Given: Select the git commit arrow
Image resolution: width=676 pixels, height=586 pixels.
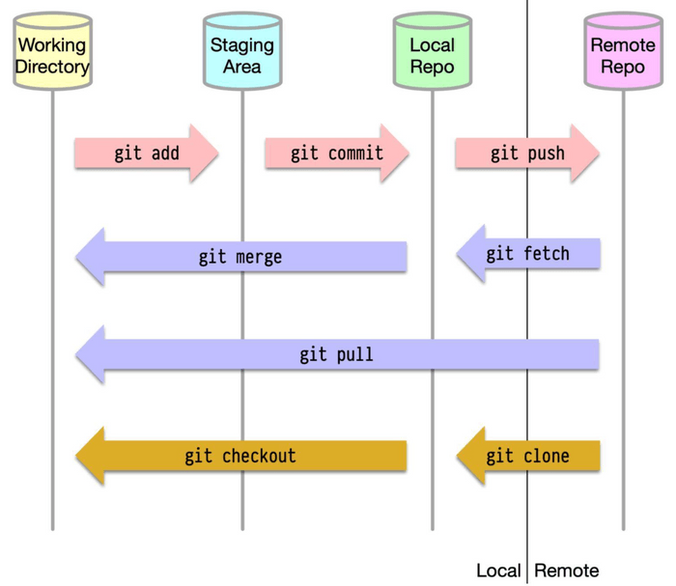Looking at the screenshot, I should (x=337, y=153).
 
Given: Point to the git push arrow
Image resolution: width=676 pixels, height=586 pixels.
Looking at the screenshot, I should (x=527, y=153).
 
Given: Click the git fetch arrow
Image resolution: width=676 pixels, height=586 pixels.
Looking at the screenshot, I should (x=528, y=254).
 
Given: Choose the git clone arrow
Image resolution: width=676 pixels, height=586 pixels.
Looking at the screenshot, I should (x=528, y=456).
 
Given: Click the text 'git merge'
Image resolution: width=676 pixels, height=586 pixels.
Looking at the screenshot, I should (x=240, y=257).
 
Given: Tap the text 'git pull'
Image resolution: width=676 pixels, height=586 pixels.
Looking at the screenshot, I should (x=336, y=354).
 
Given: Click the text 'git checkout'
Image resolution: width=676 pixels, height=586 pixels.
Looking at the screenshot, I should (x=240, y=456).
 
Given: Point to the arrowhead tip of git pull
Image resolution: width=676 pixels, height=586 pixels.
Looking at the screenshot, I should (x=78, y=354).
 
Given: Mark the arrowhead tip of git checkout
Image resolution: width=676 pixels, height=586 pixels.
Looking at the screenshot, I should (x=78, y=456).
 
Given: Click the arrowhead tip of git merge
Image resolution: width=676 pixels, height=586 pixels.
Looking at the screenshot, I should (x=78, y=257).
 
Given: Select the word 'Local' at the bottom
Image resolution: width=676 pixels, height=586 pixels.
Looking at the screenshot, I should (x=498, y=571).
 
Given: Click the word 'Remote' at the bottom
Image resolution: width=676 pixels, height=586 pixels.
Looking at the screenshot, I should (x=567, y=571).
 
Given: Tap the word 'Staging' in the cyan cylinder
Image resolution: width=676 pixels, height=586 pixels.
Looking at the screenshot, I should (x=242, y=45).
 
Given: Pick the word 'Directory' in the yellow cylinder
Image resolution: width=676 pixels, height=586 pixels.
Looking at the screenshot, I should (x=52, y=67).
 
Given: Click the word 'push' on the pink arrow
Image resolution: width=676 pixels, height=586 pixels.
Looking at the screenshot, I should (x=546, y=153).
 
